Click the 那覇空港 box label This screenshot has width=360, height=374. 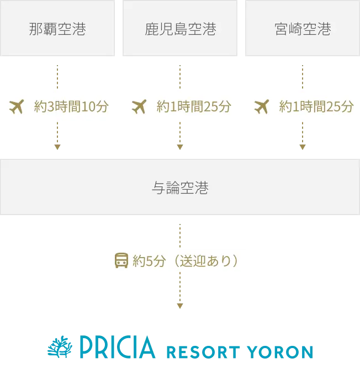(x=57, y=29)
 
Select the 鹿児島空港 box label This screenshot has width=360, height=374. (x=180, y=29)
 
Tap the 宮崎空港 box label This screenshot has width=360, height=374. (x=303, y=29)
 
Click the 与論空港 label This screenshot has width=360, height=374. (x=180, y=188)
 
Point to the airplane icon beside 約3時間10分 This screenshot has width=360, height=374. (x=18, y=106)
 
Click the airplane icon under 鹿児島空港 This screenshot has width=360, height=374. (x=139, y=106)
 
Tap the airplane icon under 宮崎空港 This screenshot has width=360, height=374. (x=262, y=106)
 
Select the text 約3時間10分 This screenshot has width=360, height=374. (x=71, y=106)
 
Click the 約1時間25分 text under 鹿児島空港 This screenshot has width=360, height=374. (x=193, y=106)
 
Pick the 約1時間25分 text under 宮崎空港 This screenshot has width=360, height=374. (x=316, y=106)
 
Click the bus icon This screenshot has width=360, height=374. (x=121, y=260)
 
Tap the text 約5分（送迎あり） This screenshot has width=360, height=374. (x=186, y=260)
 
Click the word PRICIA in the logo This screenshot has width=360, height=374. (x=117, y=348)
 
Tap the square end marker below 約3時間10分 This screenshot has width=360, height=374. (x=57, y=146)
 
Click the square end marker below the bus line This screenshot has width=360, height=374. (x=180, y=304)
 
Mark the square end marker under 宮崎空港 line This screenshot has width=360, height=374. (x=303, y=146)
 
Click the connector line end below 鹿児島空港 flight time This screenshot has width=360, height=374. (x=180, y=146)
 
